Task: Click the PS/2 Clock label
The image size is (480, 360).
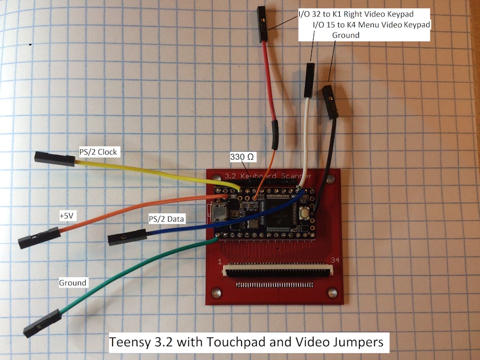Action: coord(98,152)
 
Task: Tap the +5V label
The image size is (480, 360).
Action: coord(67,216)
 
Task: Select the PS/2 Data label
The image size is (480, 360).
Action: coord(166,219)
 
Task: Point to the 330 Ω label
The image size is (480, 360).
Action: coord(242,157)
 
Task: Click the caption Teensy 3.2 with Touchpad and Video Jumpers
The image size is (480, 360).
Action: coord(246,342)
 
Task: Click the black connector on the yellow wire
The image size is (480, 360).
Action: coord(55,158)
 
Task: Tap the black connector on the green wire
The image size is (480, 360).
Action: coord(43,323)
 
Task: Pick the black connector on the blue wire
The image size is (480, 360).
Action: coord(127,237)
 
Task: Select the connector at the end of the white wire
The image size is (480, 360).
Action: coord(309,80)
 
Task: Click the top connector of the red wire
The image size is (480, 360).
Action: coord(262,24)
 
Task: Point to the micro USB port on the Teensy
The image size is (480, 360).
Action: coord(219,212)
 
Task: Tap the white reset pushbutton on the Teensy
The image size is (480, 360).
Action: coord(305,212)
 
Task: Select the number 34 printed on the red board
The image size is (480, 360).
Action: coord(335,260)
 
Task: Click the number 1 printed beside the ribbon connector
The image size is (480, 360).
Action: coord(220,262)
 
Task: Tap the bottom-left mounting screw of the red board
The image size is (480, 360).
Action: coord(216,293)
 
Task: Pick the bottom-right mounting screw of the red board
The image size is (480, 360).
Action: coord(332,293)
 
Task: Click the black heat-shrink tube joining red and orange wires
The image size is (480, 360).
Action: coord(275,135)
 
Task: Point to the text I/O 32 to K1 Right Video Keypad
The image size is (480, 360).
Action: coord(356,14)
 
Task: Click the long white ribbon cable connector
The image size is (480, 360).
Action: coord(278,270)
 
